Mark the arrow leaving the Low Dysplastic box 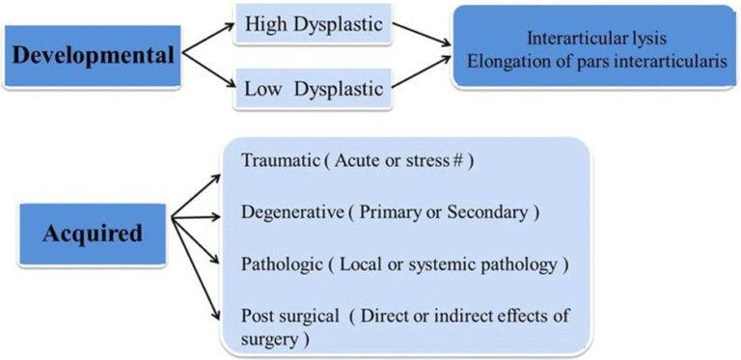click(x=419, y=74)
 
